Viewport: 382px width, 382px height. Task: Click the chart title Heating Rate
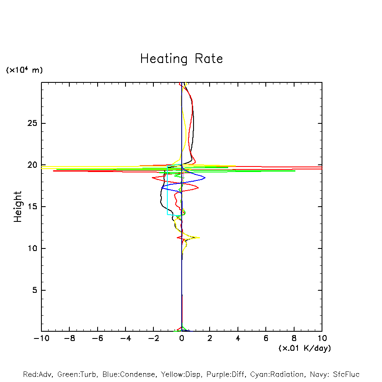[x=181, y=59]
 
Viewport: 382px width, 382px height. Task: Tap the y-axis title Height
[x=18, y=207]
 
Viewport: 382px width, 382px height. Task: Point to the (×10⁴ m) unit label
[x=24, y=70]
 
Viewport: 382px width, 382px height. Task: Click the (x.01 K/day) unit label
[x=304, y=348]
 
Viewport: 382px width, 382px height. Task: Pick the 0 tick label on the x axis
[x=182, y=338]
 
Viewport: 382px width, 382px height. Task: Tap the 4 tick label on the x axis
[x=238, y=338]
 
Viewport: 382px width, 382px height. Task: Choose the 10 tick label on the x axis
[x=322, y=338]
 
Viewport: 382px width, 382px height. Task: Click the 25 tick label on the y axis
[x=33, y=123]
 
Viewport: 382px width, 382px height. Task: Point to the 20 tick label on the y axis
[x=33, y=165]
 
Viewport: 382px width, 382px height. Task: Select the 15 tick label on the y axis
[x=33, y=207]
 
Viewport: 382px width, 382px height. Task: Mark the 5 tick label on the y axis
[x=35, y=290]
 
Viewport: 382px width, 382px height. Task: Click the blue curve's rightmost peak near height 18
[x=205, y=177]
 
